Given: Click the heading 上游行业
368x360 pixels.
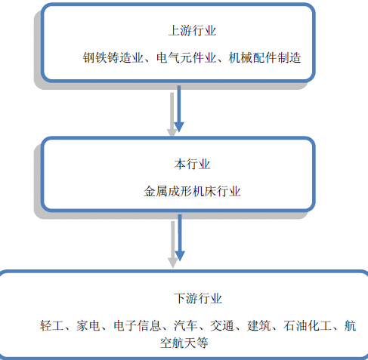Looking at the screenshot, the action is pyautogui.click(x=192, y=31).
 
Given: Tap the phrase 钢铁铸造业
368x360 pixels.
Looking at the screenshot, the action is pyautogui.click(x=113, y=57).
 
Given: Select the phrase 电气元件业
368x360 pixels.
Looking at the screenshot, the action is pyautogui.click(x=186, y=57).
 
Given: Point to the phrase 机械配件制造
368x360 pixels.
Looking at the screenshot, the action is pyautogui.click(x=264, y=57).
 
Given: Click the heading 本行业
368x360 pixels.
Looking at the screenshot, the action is pyautogui.click(x=192, y=165).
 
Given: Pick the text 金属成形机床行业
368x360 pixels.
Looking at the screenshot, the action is pyautogui.click(x=192, y=191).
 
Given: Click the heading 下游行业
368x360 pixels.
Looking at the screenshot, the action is pyautogui.click(x=198, y=299).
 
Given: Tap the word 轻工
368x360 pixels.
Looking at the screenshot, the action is pyautogui.click(x=51, y=325).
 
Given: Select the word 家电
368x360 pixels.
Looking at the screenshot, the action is pyautogui.click(x=88, y=325).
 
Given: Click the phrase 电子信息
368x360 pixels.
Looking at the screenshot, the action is pyautogui.click(x=137, y=325).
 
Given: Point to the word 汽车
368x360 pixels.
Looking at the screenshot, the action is pyautogui.click(x=186, y=325).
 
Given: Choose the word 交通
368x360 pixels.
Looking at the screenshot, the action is pyautogui.click(x=222, y=325).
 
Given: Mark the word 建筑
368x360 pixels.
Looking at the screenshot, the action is pyautogui.click(x=258, y=325).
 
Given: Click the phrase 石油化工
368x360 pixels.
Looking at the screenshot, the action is pyautogui.click(x=308, y=325).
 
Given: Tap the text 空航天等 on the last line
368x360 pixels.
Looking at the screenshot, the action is pyautogui.click(x=184, y=343).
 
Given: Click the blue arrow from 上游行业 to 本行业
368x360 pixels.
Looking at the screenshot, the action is pyautogui.click(x=179, y=109).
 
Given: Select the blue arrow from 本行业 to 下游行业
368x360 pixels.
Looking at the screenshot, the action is pyautogui.click(x=180, y=238).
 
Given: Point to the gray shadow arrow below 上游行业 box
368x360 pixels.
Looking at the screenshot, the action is pyautogui.click(x=172, y=115).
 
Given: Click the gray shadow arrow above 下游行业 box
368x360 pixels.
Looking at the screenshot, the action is pyautogui.click(x=173, y=245).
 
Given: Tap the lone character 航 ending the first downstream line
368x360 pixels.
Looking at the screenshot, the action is pyautogui.click(x=350, y=325).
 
